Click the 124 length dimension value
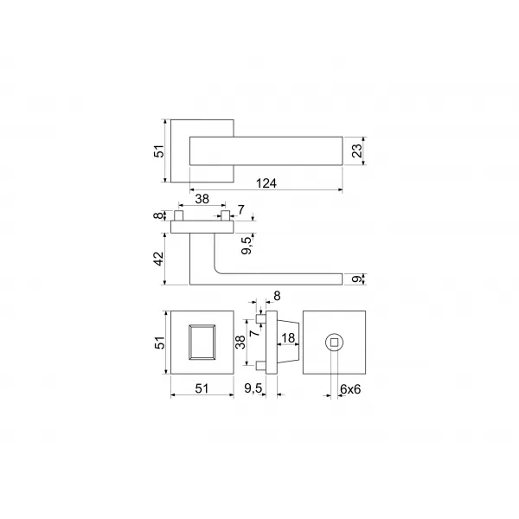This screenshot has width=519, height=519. (266, 183)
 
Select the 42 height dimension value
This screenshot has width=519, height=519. (159, 259)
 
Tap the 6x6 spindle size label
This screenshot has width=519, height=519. (350, 389)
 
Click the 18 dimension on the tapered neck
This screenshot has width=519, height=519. (288, 338)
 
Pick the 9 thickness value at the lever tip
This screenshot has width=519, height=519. (356, 279)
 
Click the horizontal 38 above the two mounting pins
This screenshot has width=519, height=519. (202, 199)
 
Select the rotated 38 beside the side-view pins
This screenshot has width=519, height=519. (240, 343)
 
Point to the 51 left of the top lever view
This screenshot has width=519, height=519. (159, 151)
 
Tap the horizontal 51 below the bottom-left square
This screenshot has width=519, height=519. (202, 388)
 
